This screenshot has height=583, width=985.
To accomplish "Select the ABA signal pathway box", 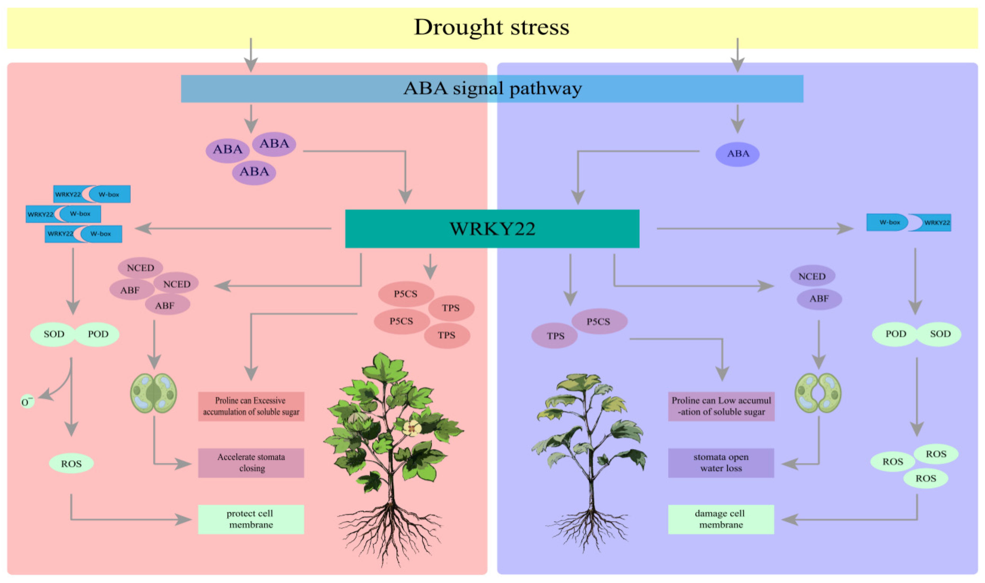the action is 492,88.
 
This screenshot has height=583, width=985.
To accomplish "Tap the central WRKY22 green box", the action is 492,229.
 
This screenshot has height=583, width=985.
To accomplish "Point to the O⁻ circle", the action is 27,402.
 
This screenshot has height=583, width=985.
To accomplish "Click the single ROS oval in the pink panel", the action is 71,464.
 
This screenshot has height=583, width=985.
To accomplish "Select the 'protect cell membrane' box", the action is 251,519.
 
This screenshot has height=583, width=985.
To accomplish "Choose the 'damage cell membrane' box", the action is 721,519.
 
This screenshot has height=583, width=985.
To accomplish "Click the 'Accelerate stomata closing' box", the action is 251,463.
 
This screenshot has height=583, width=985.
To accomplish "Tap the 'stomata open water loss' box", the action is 721,463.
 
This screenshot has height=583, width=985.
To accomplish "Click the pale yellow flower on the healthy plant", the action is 412,428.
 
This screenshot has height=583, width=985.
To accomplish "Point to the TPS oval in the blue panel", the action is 554,336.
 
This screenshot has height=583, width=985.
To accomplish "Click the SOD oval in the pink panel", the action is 54,334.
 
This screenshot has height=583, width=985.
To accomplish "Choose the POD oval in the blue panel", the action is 895,334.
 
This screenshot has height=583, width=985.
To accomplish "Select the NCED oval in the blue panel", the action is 812,276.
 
